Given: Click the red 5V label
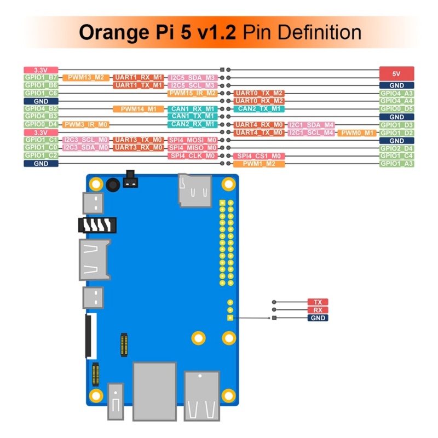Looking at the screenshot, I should (x=396, y=73).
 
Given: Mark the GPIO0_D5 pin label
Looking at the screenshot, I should (x=396, y=109).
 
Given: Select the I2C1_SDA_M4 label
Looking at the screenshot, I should (x=311, y=125).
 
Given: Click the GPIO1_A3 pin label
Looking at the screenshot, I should (x=396, y=164).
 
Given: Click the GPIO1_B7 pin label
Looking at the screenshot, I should (x=41, y=78).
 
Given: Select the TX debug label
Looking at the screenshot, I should (x=318, y=302).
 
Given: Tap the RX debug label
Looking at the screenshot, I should (x=318, y=310).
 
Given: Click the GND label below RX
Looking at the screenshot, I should (x=318, y=318).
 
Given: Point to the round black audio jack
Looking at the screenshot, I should (x=113, y=185).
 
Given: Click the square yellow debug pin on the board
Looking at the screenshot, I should (x=230, y=318).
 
